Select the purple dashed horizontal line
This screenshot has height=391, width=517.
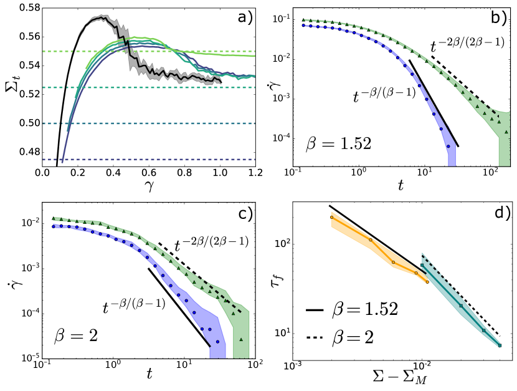[149, 160]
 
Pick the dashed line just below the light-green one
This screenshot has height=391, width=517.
[149, 88]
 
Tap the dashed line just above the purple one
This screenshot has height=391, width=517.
[149, 123]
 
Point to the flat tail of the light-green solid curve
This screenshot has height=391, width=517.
[230, 55]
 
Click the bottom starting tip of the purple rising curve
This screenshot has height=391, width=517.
[62, 162]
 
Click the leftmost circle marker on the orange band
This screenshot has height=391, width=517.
[331, 217]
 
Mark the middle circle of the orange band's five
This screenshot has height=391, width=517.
[393, 263]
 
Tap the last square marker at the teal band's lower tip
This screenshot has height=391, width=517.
[500, 345]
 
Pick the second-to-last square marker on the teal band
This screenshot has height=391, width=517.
[483, 331]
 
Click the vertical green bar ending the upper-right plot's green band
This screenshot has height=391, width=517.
[504, 143]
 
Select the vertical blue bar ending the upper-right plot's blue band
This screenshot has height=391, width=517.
[452, 156]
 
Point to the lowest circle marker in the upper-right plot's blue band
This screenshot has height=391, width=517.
[448, 147]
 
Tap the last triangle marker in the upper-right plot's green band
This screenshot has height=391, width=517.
[506, 132]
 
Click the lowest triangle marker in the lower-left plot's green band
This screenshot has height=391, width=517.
[241, 339]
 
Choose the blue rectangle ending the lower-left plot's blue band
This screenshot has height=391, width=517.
[217, 352]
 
